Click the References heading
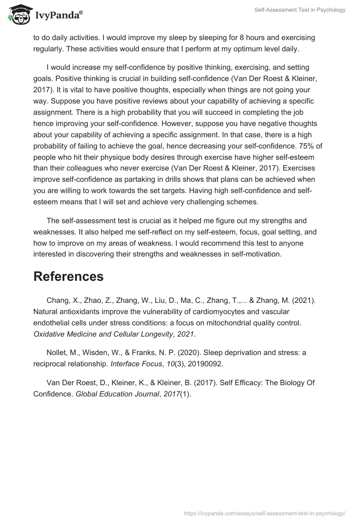pos(68,276)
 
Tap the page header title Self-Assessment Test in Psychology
pos(300,10)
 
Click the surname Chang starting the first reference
pos(56,300)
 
